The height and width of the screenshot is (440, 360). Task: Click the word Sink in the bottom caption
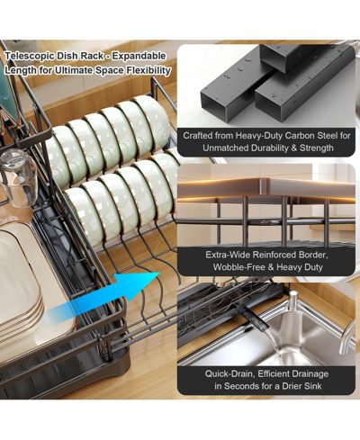coord(313,386)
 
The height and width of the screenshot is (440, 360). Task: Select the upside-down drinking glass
coord(20,177)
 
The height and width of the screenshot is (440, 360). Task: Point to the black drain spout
coord(255,319)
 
